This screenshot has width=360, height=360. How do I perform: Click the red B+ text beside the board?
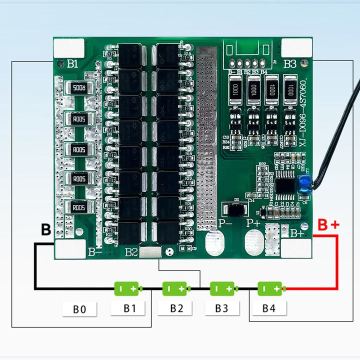(x=328, y=225)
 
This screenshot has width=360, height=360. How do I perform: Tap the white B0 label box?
(x=79, y=309)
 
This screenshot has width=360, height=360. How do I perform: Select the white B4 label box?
(x=268, y=308)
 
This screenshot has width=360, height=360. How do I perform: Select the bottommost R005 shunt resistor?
(x=78, y=207)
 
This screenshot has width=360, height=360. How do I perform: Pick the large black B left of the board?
(x=46, y=230)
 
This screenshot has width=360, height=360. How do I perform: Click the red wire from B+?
(x=337, y=265)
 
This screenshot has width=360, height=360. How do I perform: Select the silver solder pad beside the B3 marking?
(x=296, y=48)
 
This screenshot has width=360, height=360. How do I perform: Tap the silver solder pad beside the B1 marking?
(x=69, y=48)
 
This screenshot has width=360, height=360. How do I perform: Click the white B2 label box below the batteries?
(x=176, y=308)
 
